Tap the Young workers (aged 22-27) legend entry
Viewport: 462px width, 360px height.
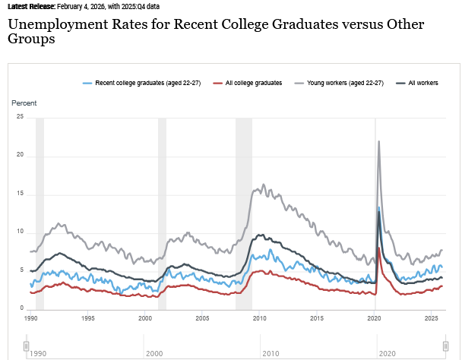pos(343,82)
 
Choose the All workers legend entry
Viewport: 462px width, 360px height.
pos(422,82)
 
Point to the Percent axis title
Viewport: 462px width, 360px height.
pos(24,103)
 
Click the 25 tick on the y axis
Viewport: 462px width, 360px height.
pos(21,117)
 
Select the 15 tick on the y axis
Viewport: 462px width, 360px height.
pos(21,194)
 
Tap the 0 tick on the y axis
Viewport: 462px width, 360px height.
pos(22,308)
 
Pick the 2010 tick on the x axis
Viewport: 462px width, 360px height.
pos(258,318)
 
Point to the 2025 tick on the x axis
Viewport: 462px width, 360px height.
pos(429,318)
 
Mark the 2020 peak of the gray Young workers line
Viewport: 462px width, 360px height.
pos(378,141)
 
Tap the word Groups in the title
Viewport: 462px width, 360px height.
pos(31,39)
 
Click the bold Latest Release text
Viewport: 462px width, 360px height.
pos(32,6)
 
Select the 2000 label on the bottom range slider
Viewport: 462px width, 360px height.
pos(154,354)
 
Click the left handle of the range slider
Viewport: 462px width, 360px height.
pos(26,346)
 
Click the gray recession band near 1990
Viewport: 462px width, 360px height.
pos(40,213)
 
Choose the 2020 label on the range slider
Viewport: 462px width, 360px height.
pos(388,354)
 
